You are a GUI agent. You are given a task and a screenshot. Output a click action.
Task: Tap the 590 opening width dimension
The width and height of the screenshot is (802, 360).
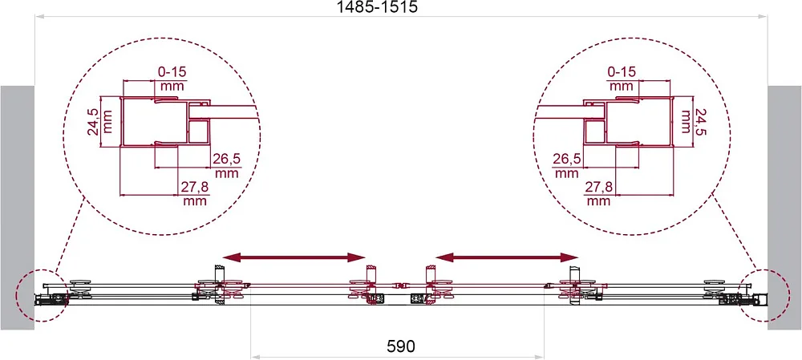pos(399,346)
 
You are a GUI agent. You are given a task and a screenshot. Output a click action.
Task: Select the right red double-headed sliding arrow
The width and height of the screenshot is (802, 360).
pos(507,257)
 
